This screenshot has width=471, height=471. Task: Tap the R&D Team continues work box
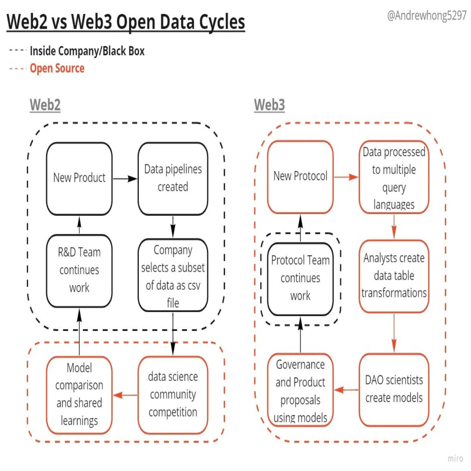coord(79,271)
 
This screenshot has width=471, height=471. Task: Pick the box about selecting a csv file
coord(173,275)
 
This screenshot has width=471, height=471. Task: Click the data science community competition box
coord(173,395)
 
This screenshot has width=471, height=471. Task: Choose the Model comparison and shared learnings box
coord(79,395)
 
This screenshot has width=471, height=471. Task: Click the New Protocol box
coord(300,177)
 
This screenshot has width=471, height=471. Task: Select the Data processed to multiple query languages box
coord(394,177)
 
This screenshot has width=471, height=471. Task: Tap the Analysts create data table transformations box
coord(394,276)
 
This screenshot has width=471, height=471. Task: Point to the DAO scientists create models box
coord(394,390)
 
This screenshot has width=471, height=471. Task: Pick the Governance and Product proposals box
coord(300,390)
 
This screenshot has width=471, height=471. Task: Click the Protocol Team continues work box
coord(300,278)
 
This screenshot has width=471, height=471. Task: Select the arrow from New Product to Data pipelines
coord(125,179)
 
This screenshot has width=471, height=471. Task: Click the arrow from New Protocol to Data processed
coord(346,177)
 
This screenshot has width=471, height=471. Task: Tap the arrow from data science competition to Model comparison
coord(125,395)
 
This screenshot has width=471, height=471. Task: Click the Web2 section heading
coord(45,105)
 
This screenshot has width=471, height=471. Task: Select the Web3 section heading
coord(269,105)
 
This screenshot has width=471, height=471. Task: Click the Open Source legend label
coord(57,68)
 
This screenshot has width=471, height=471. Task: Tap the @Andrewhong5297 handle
coord(426,15)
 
